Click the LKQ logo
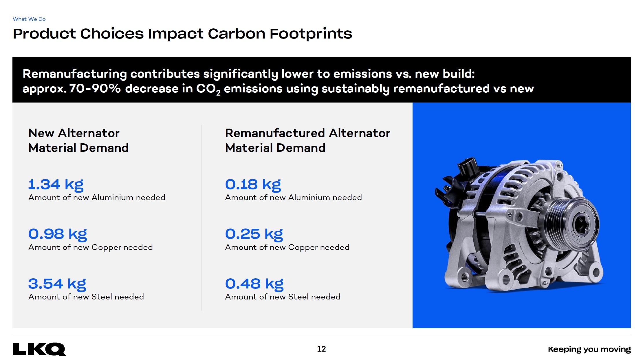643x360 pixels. pyautogui.click(x=39, y=349)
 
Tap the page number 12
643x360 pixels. pyautogui.click(x=321, y=349)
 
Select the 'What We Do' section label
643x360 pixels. pyautogui.click(x=29, y=19)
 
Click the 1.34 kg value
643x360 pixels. pyautogui.click(x=56, y=184)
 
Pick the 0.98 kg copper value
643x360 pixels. pyautogui.click(x=58, y=234)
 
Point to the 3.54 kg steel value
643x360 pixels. pyautogui.click(x=57, y=284)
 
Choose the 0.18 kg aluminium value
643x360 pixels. pyautogui.click(x=253, y=184)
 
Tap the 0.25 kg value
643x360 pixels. pyautogui.click(x=254, y=234)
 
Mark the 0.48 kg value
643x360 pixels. pyautogui.click(x=254, y=284)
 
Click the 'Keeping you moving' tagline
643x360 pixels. pyautogui.click(x=589, y=349)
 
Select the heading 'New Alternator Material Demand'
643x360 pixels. pyautogui.click(x=78, y=140)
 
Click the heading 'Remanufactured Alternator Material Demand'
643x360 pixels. pyautogui.click(x=307, y=140)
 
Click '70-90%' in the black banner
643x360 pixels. pyautogui.click(x=95, y=89)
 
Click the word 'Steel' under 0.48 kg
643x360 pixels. pyautogui.click(x=298, y=297)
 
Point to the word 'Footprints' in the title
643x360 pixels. pyautogui.click(x=311, y=34)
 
